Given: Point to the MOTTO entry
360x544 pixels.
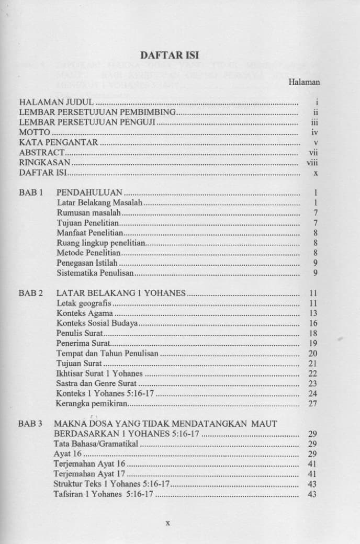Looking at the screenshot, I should (34, 132).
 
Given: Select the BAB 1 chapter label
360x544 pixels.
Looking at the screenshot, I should (31, 192).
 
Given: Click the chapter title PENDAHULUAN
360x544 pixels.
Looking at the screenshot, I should (89, 192).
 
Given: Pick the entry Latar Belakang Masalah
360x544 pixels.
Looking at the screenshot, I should (99, 202).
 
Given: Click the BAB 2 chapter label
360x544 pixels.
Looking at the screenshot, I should (31, 293).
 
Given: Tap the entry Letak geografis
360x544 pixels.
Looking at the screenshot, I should (84, 303).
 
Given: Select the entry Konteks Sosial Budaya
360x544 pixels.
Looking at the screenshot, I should (97, 323).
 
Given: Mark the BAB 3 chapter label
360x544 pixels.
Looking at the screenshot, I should (31, 423).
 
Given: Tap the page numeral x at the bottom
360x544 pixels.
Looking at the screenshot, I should (168, 522).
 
